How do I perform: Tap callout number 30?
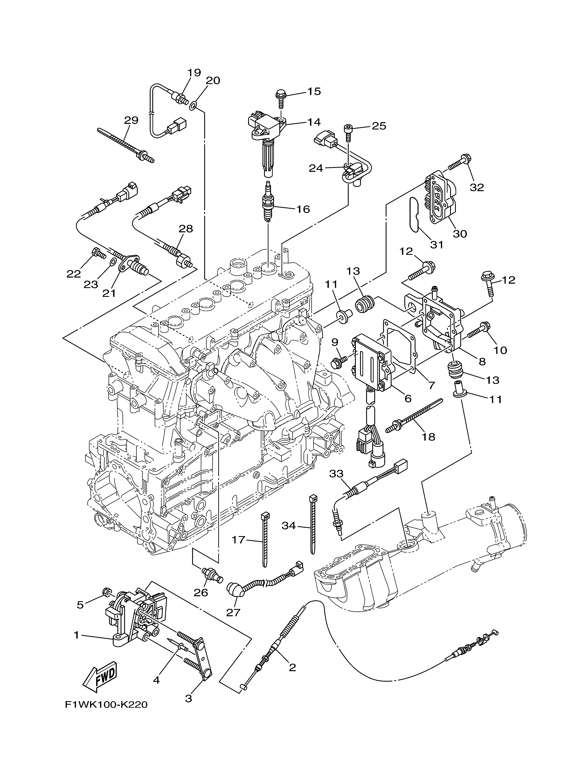[x=460, y=234]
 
